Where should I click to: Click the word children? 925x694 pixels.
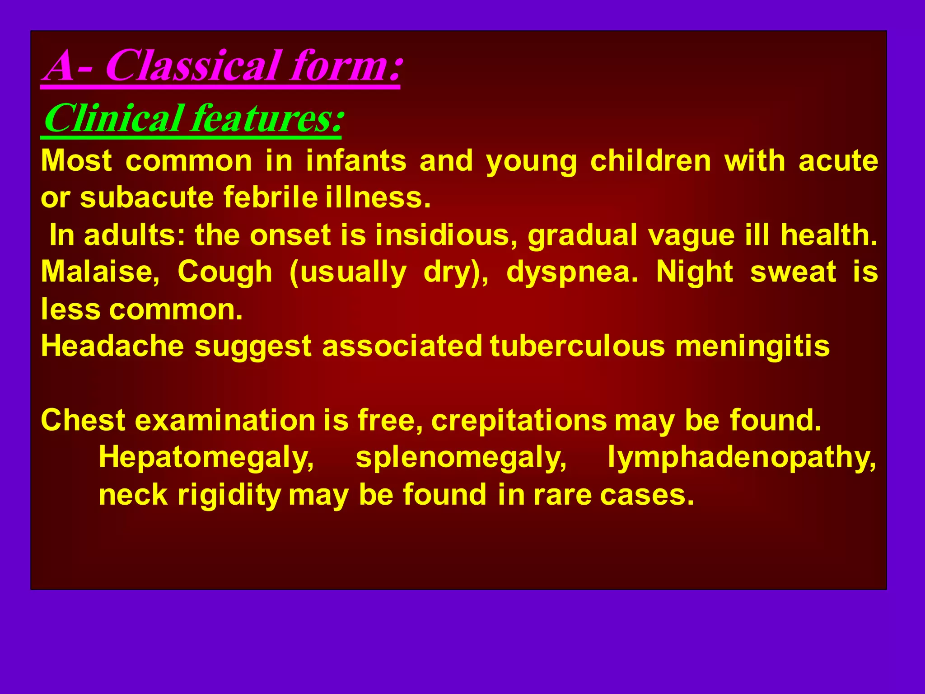[x=650, y=161]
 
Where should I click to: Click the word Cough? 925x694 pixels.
[x=224, y=272]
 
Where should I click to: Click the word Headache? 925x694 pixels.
[x=112, y=346]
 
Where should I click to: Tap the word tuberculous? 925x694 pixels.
[x=577, y=346]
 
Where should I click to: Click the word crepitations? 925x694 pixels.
[x=519, y=421]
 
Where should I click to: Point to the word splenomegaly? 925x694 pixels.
[x=461, y=458]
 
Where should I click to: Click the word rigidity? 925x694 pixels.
[x=229, y=495]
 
